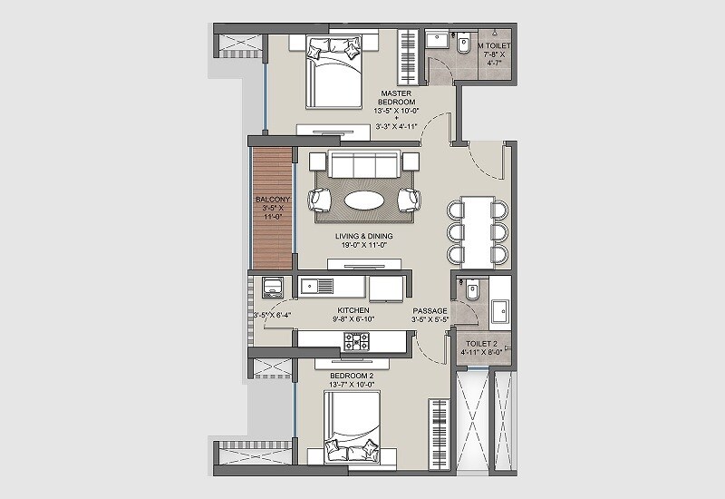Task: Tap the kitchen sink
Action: coord(319,287)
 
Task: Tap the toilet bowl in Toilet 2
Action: coord(471,292)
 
